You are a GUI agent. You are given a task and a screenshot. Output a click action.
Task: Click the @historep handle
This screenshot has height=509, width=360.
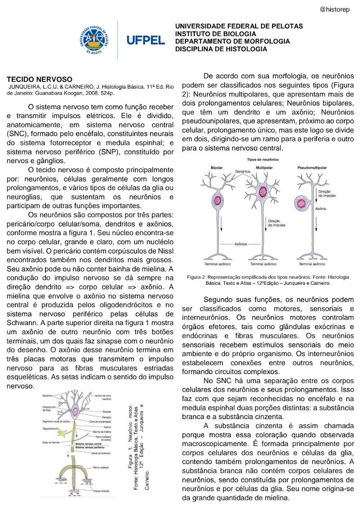tap(334, 9)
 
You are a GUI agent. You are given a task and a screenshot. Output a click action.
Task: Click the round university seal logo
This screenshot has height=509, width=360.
tap(94, 40)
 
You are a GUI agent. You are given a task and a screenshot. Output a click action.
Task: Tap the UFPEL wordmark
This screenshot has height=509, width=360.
tap(145, 40)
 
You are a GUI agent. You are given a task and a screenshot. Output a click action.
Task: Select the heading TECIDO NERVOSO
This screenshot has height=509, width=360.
tap(40, 79)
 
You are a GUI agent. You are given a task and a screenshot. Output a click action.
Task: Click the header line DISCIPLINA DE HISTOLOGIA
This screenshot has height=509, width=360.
tap(221, 49)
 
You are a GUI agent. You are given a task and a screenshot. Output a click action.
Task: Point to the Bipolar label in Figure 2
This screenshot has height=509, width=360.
tap(217, 168)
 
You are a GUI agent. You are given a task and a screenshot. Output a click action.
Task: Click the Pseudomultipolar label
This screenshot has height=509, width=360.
tap(312, 168)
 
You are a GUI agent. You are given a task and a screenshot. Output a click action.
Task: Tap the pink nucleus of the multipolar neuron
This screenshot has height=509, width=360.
tap(263, 192)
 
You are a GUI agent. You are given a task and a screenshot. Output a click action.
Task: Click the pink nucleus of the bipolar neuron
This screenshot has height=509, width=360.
tap(217, 201)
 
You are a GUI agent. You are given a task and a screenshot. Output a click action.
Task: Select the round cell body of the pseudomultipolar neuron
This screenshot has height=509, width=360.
tap(302, 203)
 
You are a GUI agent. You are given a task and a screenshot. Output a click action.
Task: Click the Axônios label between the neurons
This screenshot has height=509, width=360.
tap(240, 244)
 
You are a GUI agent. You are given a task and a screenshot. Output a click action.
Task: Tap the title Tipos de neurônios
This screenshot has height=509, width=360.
tap(263, 159)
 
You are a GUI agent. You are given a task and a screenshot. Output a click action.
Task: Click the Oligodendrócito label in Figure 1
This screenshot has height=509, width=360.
tap(50, 429)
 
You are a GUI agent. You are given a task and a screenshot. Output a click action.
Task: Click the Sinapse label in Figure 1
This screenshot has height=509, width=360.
tap(107, 411)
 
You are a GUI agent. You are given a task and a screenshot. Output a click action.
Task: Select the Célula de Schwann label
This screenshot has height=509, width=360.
tap(101, 453)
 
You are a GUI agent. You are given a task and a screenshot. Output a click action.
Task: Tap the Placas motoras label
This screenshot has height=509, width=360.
tap(101, 491)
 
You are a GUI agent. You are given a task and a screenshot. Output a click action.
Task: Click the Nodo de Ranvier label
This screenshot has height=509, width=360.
tap(51, 442)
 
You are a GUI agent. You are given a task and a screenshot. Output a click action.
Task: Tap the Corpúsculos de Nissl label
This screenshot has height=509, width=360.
tap(49, 409)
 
